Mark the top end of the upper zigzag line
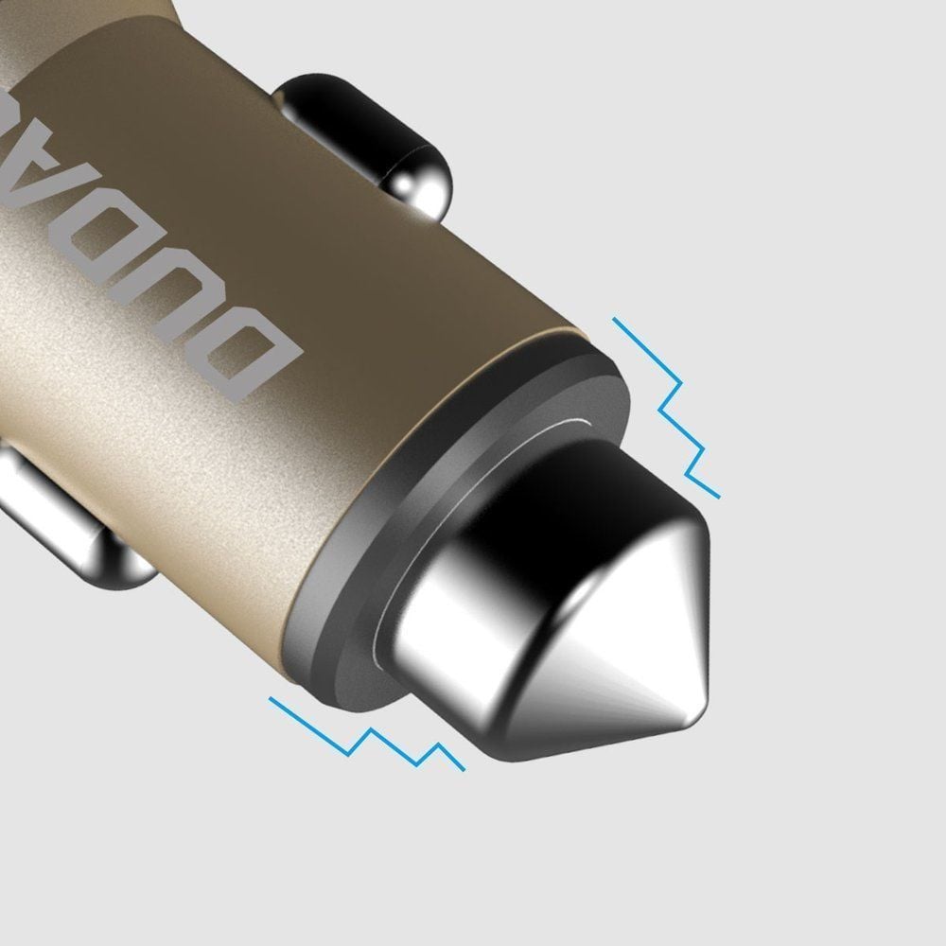pos(616,321)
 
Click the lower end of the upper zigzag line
pos(718,495)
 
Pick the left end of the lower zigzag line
pos(272,700)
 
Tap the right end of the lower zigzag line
pos(464,768)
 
